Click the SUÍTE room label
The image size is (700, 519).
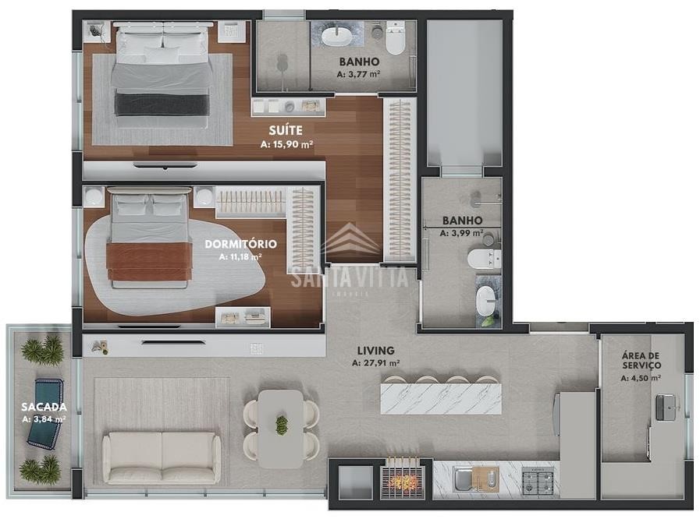click(x=286, y=130)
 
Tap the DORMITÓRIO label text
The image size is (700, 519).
click(x=240, y=244)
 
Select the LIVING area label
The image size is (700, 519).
click(x=375, y=351)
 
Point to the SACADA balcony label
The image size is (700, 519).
click(x=44, y=407)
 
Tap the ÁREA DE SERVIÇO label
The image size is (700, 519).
click(x=641, y=360)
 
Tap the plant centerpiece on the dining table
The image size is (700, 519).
click(x=281, y=425)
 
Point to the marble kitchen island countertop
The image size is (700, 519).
click(x=441, y=398)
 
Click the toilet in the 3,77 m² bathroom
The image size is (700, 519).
click(x=395, y=38)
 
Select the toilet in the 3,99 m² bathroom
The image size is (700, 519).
click(x=484, y=259)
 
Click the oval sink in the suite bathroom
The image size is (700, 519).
click(x=338, y=36)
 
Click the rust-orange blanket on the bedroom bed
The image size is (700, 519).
click(x=149, y=261)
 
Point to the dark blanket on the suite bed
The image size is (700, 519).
click(x=162, y=104)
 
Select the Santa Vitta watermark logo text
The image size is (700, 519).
click(x=350, y=277)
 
